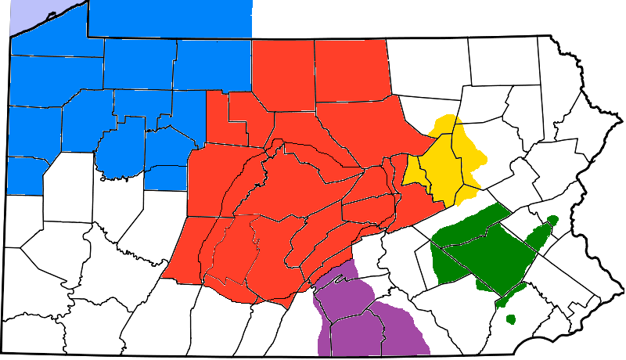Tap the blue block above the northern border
[x=168, y=18]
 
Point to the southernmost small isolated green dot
[x=511, y=319]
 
